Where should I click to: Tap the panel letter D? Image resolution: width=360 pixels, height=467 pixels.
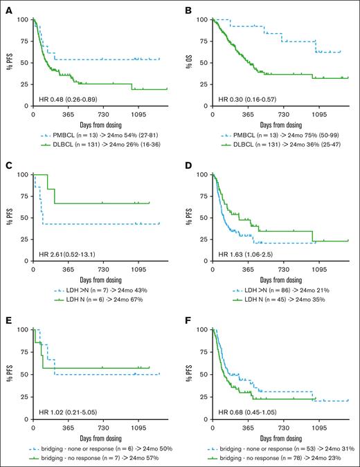click(x=186, y=166)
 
